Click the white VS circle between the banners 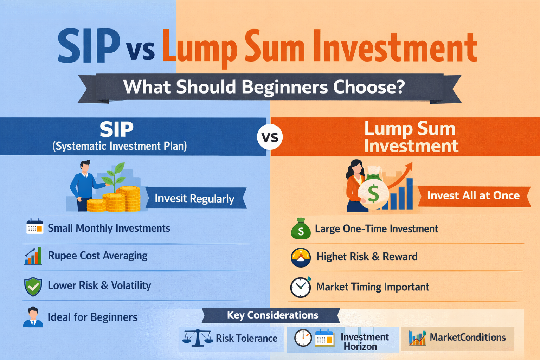click(x=270, y=137)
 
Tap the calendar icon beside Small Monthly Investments click(x=35, y=227)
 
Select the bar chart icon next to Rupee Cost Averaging click(x=33, y=256)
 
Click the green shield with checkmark click(x=33, y=286)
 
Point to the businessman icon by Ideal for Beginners click(x=33, y=317)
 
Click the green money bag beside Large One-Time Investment click(x=301, y=229)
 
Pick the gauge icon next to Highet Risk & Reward click(x=301, y=257)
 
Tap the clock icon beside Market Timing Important click(x=301, y=287)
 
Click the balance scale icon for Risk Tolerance click(x=198, y=338)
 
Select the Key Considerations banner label click(x=272, y=315)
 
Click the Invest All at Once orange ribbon click(x=473, y=196)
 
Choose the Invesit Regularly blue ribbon click(x=194, y=199)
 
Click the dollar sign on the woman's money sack click(x=373, y=193)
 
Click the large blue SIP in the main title click(x=89, y=46)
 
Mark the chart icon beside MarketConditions click(x=417, y=338)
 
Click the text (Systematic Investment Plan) click(x=120, y=146)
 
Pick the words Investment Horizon click(x=364, y=342)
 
